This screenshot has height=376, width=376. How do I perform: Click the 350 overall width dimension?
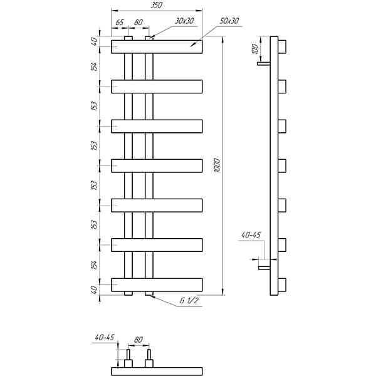pos(157,5)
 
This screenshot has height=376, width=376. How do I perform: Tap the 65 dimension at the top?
pos(120,23)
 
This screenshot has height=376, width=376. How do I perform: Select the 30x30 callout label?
pos(184,21)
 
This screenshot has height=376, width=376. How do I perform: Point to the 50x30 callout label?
pos(229,21)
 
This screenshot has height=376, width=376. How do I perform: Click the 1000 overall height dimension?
pos(217,165)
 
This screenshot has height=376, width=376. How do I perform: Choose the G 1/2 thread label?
pos(189,300)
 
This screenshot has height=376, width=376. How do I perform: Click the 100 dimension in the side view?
pos(256,49)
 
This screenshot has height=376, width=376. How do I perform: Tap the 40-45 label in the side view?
pos(251,235)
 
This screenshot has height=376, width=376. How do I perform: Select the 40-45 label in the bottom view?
pos(105,337)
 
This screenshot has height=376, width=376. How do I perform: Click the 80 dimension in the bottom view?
pos(138,340)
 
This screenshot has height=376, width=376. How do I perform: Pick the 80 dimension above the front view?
pos(138,23)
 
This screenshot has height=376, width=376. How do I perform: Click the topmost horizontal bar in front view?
pos(157,47)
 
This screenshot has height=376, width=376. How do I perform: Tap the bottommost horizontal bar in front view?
pos(157,285)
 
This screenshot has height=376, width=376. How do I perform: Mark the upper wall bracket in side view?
pos(264,63)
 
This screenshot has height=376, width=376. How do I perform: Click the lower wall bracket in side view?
pos(264,268)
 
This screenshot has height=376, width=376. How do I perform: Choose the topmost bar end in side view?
pos(282,47)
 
